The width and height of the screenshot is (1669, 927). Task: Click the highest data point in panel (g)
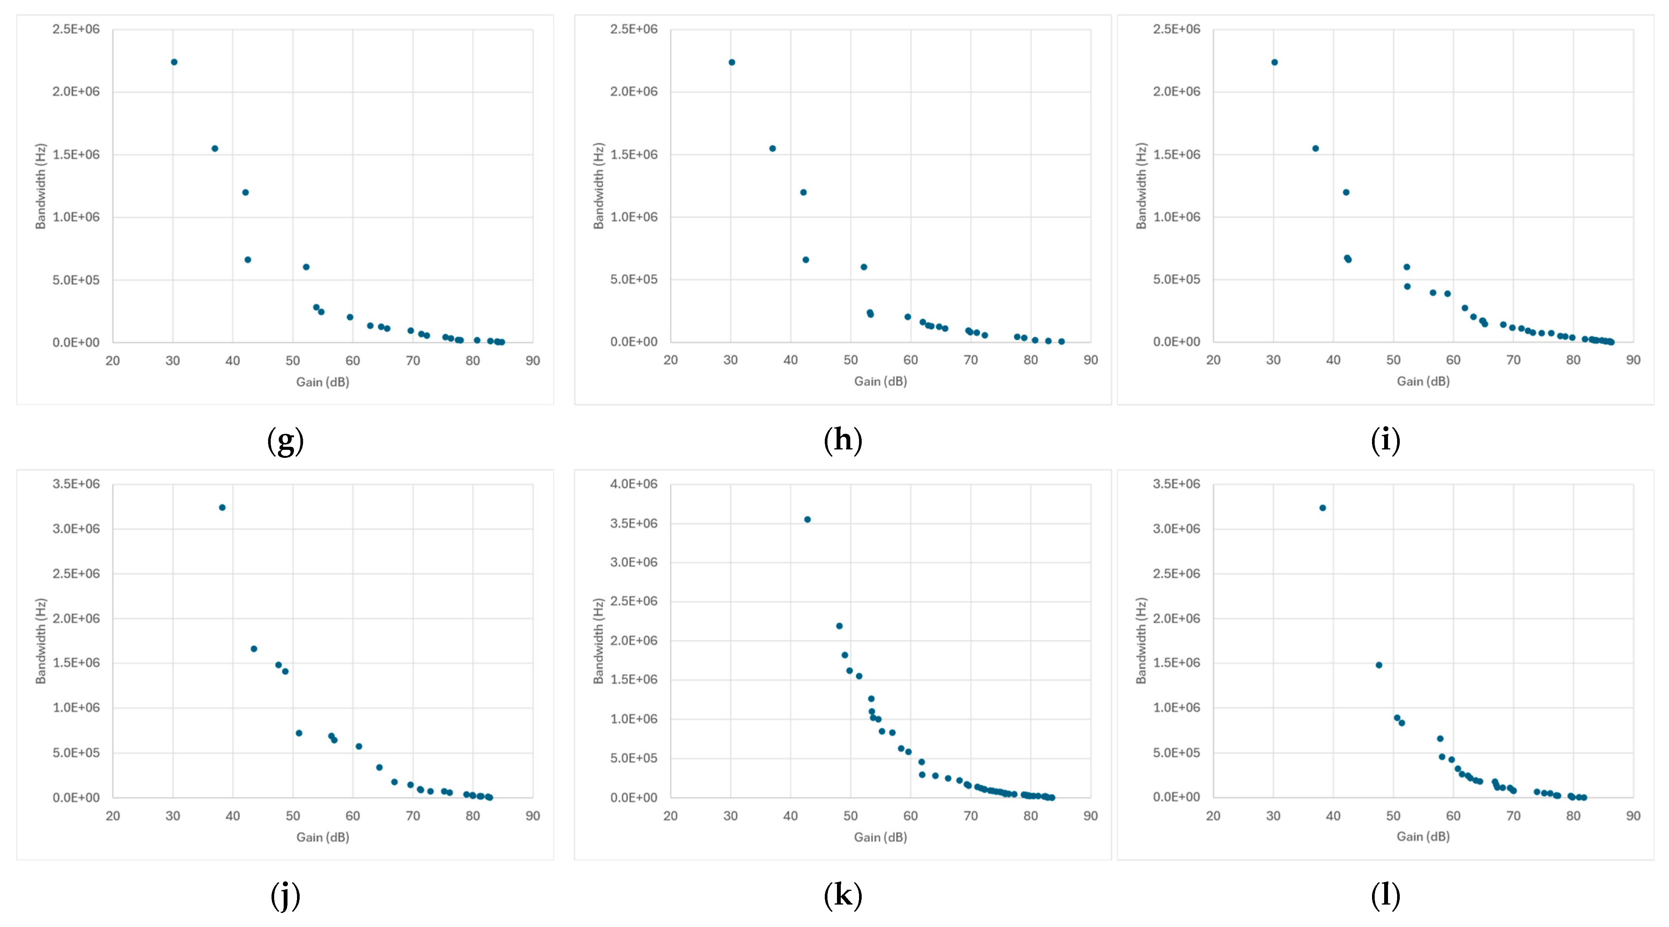[x=174, y=62]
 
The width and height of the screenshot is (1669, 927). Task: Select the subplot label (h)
[x=842, y=441]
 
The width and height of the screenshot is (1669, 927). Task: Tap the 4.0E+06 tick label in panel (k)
[x=633, y=484]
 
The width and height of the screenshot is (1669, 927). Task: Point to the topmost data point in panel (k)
[x=807, y=519]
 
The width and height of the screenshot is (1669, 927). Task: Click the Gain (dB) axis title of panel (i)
[x=1423, y=381]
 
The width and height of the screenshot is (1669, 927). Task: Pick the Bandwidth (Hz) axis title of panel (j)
[x=41, y=641]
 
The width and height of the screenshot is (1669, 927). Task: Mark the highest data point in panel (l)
[x=1322, y=508]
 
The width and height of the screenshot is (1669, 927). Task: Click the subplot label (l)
[x=1385, y=895]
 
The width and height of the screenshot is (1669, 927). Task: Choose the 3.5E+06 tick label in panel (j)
[x=76, y=484]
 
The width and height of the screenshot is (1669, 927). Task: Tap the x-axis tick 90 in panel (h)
[x=1091, y=360]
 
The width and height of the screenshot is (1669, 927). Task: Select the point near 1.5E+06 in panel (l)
[x=1379, y=665]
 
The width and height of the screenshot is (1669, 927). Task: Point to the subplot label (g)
[x=285, y=441]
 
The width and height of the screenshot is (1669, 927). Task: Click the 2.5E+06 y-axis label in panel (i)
[x=1176, y=29]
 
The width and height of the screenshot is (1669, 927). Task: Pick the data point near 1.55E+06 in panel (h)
[x=772, y=148]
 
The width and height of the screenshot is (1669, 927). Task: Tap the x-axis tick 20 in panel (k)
[x=670, y=816]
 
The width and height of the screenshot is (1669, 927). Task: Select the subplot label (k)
[x=842, y=895]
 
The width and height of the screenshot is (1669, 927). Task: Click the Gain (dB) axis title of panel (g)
[x=322, y=382]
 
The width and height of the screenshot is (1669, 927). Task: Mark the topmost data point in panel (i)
[x=1274, y=62]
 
